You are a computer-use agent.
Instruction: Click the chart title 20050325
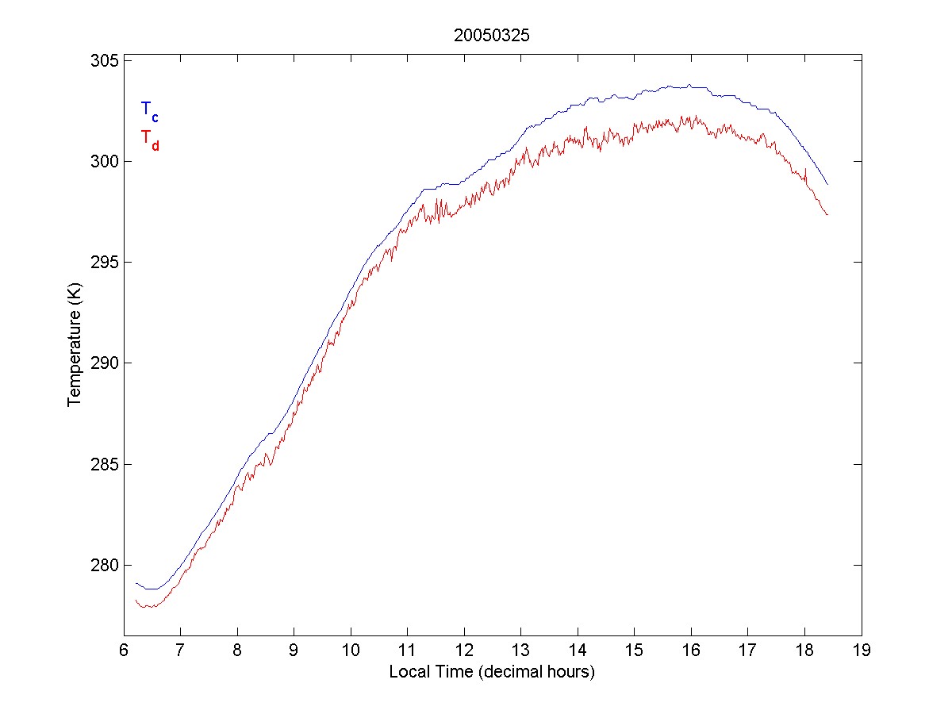coord(492,35)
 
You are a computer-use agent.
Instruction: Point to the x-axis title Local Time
coord(492,672)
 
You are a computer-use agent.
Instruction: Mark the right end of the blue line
coord(827,184)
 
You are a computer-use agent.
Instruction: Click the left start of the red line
coord(136,601)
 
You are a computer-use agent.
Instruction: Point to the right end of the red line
coord(827,215)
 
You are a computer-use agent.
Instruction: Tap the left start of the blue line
coord(136,583)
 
